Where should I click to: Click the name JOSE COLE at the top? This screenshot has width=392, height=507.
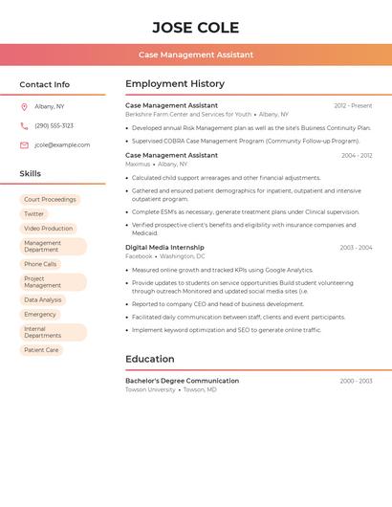tap(195, 27)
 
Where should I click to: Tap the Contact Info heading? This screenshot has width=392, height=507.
tap(44, 84)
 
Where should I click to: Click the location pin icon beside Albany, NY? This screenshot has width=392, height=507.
tap(24, 106)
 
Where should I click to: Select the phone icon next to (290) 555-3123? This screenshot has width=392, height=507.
tap(24, 125)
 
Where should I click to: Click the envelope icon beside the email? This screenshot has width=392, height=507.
tap(24, 145)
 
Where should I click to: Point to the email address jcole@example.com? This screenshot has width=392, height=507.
tap(62, 145)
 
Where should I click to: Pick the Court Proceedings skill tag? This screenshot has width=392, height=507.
tap(50, 199)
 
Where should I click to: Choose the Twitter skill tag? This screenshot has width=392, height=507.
tap(34, 214)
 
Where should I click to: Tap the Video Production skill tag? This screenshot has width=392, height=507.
tap(48, 229)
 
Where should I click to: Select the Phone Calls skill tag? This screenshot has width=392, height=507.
tap(40, 264)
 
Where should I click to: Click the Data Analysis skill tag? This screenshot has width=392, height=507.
tap(43, 299)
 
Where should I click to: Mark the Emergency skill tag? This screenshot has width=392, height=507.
tap(40, 314)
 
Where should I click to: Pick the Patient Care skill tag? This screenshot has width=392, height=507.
tap(41, 350)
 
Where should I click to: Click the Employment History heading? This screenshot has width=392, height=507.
tap(175, 84)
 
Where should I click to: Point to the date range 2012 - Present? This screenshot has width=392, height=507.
tap(353, 105)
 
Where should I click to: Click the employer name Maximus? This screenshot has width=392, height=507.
tap(138, 164)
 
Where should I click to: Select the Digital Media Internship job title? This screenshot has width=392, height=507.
tap(164, 247)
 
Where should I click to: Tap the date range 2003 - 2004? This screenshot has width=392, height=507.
tap(356, 248)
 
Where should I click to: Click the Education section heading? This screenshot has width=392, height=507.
tap(150, 359)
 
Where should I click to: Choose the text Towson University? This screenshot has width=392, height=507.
tap(150, 390)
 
